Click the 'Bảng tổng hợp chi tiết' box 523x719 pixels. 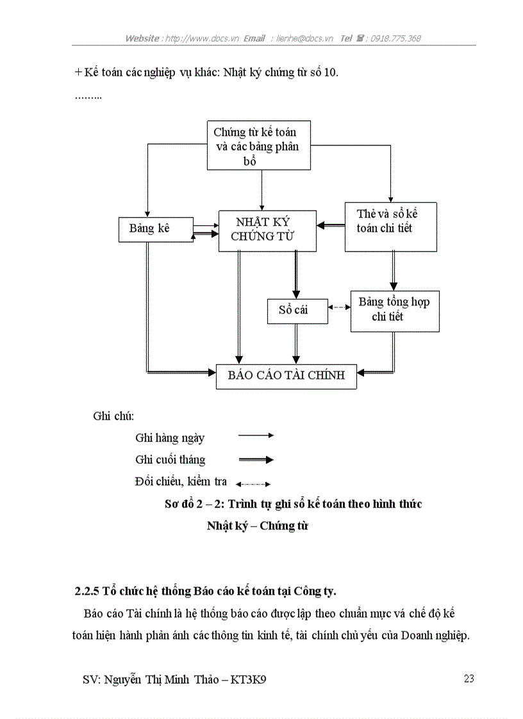[x=394, y=311]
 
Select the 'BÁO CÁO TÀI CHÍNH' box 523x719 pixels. [x=286, y=375]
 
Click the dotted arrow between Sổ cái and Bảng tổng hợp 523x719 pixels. [x=338, y=307]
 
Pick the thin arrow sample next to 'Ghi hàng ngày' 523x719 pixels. [x=255, y=435]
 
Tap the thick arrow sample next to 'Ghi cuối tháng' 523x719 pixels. [x=255, y=460]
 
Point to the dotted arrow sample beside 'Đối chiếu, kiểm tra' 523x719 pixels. [x=253, y=484]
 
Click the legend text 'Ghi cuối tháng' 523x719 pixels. [x=170, y=460]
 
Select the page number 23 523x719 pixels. [x=469, y=679]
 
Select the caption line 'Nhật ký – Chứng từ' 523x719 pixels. [x=258, y=526]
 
